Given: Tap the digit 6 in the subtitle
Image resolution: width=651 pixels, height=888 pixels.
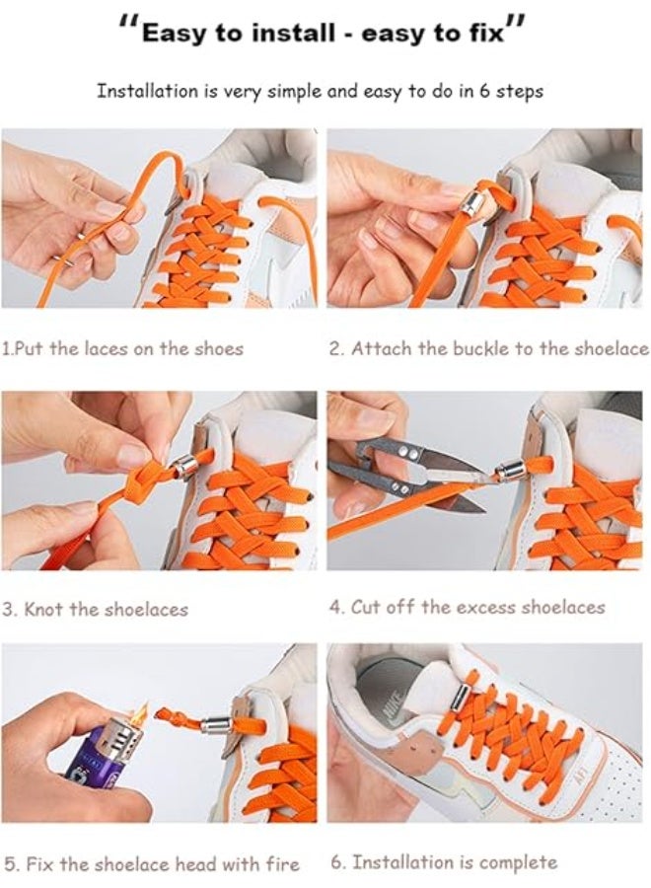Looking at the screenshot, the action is click(x=485, y=91).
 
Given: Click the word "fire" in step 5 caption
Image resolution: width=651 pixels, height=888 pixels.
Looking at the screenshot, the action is click(x=282, y=864).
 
